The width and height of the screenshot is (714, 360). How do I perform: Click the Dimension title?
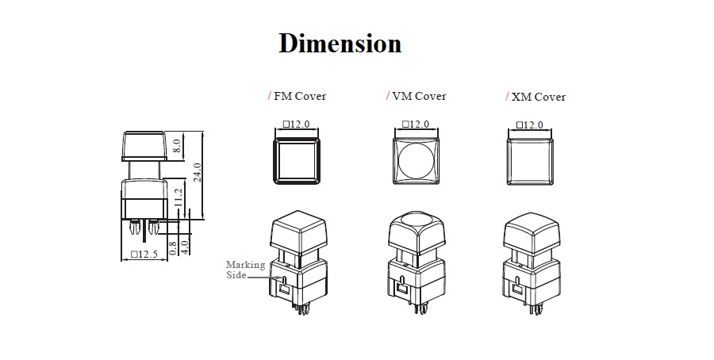(340, 43)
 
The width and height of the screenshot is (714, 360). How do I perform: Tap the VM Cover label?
(416, 97)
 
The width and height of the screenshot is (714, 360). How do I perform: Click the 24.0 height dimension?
(198, 173)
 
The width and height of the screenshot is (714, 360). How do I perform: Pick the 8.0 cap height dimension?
(178, 146)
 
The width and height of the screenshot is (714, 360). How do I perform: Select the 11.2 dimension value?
(178, 197)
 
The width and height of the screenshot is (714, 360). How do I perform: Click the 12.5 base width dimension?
(145, 255)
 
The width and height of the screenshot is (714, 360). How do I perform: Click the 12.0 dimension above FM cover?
(295, 124)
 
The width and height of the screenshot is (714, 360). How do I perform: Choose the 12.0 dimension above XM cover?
(530, 125)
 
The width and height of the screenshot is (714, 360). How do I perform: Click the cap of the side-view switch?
(144, 146)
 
